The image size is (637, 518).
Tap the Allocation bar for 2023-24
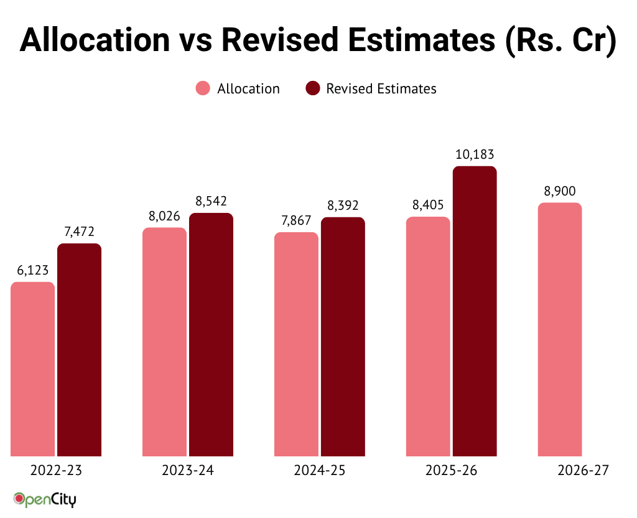[164, 342]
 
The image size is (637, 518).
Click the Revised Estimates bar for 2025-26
[475, 311]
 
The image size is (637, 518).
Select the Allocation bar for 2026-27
[560, 329]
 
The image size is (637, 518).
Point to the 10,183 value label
[475, 154]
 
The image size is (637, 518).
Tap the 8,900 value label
[560, 191]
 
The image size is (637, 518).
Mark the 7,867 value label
[296, 221]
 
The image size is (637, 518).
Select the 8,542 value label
[211, 201]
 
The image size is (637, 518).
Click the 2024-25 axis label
[320, 471]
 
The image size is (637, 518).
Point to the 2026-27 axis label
[583, 471]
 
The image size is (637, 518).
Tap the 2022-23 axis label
[56, 471]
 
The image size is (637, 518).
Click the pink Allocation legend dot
[203, 88]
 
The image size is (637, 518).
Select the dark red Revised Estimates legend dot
[313, 88]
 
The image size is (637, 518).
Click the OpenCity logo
[45, 499]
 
